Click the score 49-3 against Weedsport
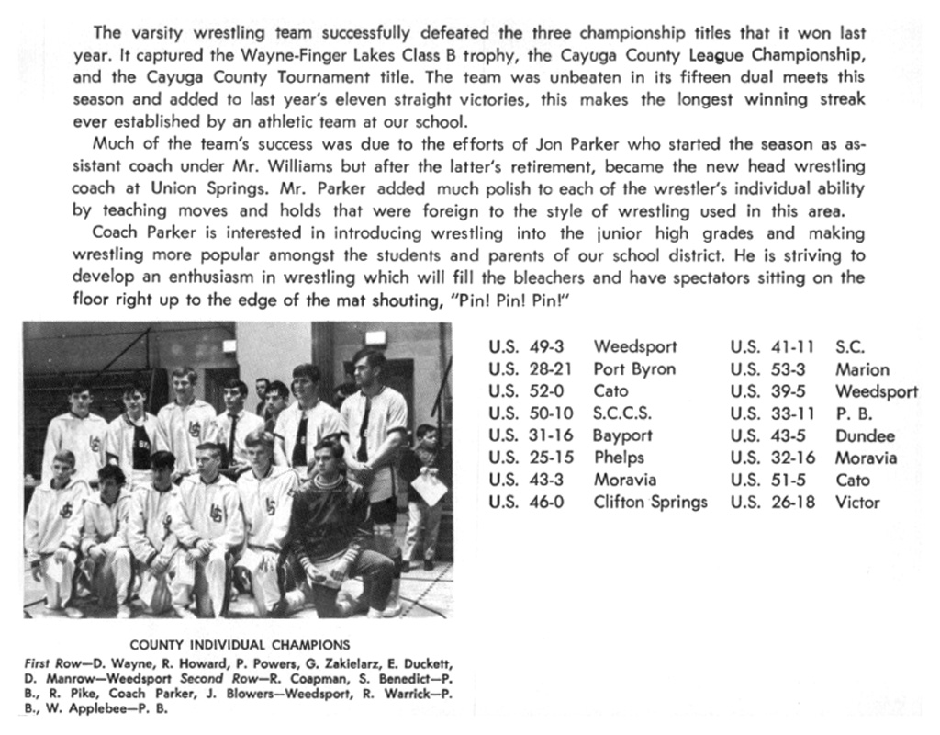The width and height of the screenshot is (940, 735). (550, 347)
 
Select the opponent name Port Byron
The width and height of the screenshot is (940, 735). (633, 369)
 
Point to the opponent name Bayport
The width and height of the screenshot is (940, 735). (622, 435)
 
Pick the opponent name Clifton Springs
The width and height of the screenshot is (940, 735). (650, 502)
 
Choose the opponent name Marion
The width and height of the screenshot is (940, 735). (862, 369)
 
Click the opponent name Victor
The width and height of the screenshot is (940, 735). (857, 502)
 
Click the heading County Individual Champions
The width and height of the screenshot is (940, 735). (240, 645)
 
